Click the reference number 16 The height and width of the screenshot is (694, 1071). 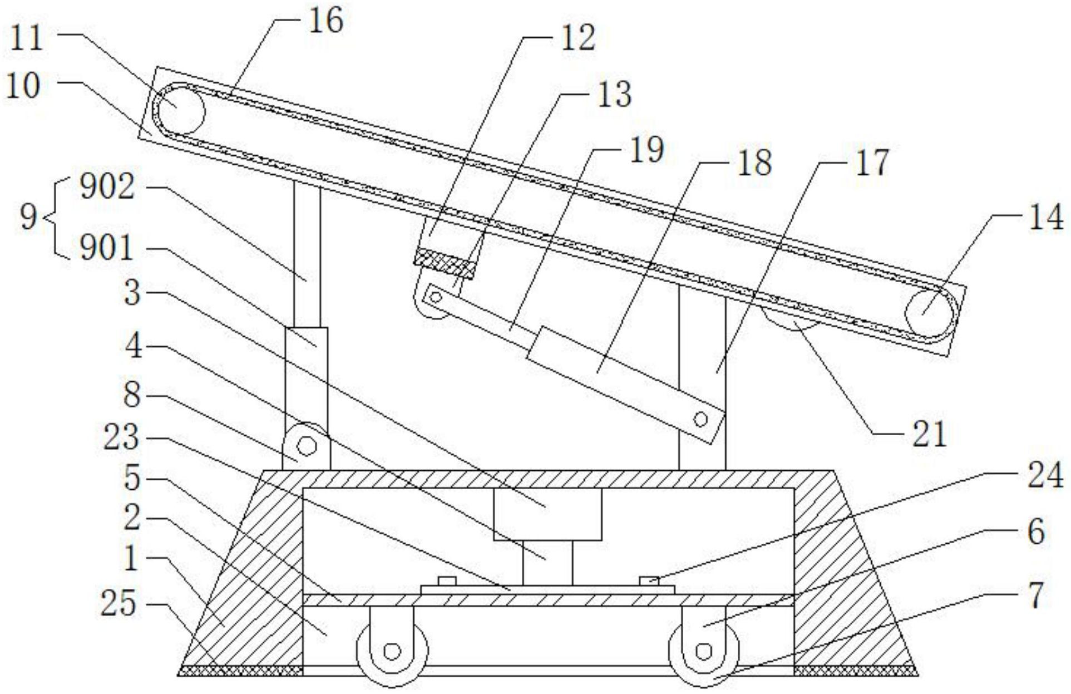(326, 21)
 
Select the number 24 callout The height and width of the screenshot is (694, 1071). (1045, 476)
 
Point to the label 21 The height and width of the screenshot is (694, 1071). (929, 434)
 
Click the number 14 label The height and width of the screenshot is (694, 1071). (1045, 217)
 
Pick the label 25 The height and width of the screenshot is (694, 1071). (118, 603)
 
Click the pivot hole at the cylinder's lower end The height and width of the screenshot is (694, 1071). (701, 419)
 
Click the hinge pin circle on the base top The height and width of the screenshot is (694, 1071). (307, 446)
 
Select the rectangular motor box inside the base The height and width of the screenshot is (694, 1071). (548, 515)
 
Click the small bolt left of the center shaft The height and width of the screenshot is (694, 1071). (447, 581)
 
